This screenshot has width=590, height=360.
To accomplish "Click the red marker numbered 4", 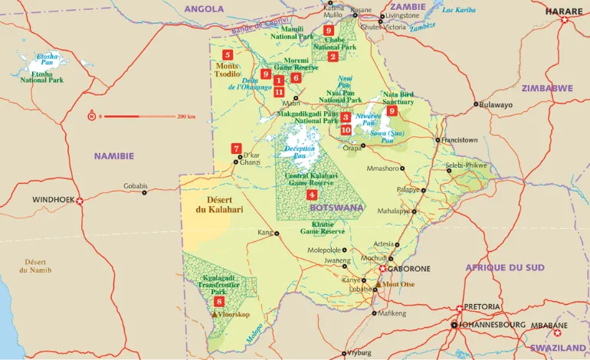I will [x=311, y=195].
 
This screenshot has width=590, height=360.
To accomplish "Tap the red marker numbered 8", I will [x=219, y=302].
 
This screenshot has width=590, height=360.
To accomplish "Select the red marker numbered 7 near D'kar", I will [x=236, y=149].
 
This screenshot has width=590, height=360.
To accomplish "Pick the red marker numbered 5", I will [x=227, y=55].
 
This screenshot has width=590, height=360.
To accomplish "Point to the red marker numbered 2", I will [x=333, y=57].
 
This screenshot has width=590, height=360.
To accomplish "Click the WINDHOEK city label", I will [x=52, y=200].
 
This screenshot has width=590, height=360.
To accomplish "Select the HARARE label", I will [x=563, y=11].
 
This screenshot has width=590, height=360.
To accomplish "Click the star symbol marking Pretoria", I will [x=460, y=308].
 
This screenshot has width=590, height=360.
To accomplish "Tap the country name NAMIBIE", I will [x=114, y=155].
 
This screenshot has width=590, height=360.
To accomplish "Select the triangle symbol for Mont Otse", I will [x=377, y=284].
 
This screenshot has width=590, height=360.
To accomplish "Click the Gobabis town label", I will [x=135, y=185].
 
